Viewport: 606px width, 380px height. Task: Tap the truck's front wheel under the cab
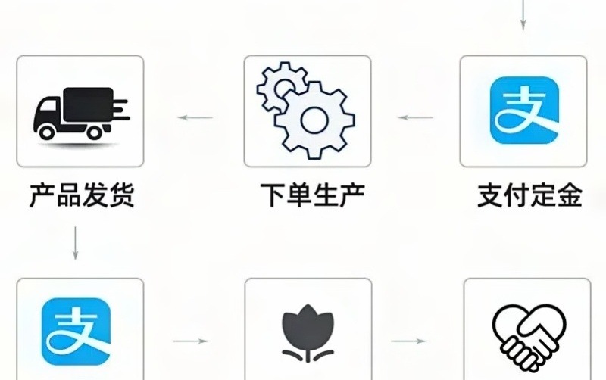[x=48, y=132]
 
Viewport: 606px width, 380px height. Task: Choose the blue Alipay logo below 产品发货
[x=76, y=331]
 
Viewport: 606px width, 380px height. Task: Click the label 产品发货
[x=81, y=195]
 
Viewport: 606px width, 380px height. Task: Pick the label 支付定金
[x=529, y=195]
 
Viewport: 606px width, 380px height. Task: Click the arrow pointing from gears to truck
[x=195, y=117]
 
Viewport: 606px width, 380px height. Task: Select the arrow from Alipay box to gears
[x=416, y=117]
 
